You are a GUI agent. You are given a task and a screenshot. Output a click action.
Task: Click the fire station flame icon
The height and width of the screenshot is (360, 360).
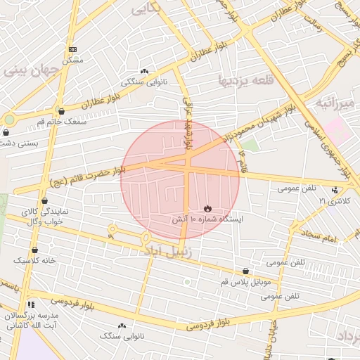[x=207, y=207]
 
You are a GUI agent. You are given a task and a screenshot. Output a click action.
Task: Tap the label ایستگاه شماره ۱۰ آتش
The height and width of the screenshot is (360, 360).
[x=207, y=219]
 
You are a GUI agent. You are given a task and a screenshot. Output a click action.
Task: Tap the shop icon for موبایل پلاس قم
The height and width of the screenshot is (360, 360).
[x=245, y=271]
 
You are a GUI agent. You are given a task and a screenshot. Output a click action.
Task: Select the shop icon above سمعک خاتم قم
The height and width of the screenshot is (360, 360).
[x=62, y=111]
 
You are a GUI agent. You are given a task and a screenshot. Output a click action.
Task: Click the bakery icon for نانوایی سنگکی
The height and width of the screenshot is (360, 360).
[x=145, y=71]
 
